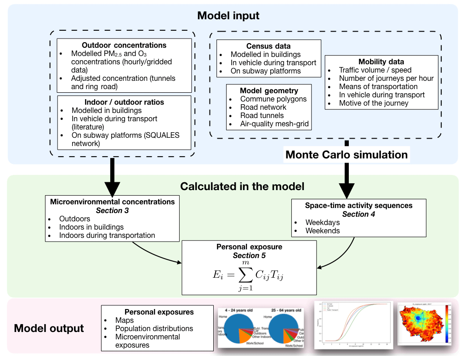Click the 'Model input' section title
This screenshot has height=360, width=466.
pos(228,16)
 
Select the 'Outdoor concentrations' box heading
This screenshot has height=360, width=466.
pos(124,45)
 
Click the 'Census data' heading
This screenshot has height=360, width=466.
pos(268,46)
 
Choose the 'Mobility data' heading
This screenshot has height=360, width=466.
pos(381,62)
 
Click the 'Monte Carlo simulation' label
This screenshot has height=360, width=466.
pos(347,154)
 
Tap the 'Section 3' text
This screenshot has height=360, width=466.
pos(112,210)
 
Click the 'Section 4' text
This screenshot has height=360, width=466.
pos(359,214)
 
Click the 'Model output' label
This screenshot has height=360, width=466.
pos(49,328)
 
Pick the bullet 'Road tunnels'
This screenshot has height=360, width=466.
pos(262,115)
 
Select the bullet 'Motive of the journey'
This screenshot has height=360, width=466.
pos(374,103)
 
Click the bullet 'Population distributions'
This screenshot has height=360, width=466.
pos(154,328)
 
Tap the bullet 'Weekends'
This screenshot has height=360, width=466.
pos(323,231)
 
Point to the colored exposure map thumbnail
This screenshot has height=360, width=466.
pos(424,324)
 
